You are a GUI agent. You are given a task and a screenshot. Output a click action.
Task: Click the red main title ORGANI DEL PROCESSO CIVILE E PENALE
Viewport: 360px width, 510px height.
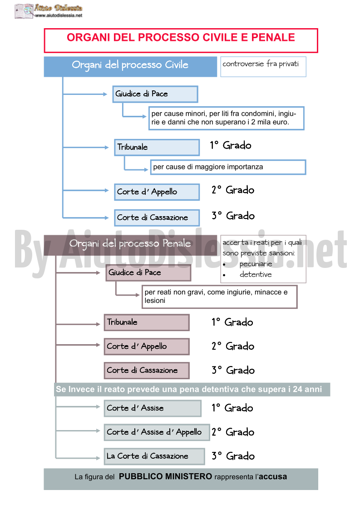coord(181,37)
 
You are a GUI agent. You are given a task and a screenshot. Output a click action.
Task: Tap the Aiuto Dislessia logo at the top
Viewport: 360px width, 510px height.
coord(49,11)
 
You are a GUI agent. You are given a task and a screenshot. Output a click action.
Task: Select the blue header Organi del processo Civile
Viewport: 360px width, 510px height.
coord(130,67)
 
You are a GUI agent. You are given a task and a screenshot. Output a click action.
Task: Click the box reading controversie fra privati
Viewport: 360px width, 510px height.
coord(263,67)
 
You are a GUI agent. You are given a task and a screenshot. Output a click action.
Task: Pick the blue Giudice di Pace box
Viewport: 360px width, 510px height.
coord(155,94)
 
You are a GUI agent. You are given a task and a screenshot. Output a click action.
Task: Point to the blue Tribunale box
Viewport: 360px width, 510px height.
coord(157,147)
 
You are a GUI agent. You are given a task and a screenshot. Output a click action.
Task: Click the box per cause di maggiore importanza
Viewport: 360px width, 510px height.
coord(228,167)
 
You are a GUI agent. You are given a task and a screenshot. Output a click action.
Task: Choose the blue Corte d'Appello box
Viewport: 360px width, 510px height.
coord(157,192)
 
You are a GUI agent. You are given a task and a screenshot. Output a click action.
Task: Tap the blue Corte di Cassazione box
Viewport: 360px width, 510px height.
coord(157,218)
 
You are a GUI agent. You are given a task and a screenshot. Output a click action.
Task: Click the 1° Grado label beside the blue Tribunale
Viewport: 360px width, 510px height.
coord(231,145)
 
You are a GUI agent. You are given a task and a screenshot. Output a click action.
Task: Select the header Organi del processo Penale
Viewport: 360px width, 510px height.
coord(130,245)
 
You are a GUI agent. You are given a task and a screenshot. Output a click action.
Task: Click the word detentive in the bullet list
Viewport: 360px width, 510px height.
coord(256,274)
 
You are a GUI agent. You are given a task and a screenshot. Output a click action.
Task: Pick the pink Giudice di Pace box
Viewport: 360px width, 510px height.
coord(148,272)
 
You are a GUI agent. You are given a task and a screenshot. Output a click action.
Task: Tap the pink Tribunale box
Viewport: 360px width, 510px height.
coord(147,322)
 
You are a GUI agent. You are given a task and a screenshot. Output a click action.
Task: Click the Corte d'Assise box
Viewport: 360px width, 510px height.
coord(153,408)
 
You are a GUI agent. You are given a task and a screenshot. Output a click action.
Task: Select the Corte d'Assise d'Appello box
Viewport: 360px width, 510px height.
coord(157,432)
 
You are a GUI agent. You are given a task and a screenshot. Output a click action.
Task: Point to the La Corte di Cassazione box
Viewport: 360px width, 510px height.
coord(154,456)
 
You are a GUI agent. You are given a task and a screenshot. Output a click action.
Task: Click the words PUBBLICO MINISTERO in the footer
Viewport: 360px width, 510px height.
coord(166,476)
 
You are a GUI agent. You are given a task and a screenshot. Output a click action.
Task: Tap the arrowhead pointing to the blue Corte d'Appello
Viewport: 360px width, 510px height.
coord(107,190)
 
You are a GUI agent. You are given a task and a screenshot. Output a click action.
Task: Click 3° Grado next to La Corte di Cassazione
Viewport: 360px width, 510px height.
coord(233,456)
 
